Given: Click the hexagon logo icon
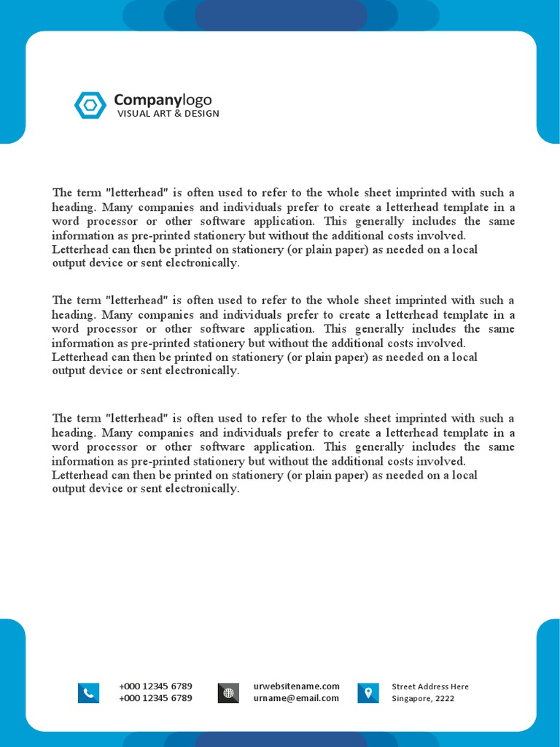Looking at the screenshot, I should pos(90,105).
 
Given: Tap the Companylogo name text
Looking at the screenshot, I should pos(163,100).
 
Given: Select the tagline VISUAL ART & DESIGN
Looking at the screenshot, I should pos(168,114).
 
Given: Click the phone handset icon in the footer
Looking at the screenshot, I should pos(88,693).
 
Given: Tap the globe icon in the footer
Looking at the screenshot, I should pos(228,693).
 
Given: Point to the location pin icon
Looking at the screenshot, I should pos(368,692).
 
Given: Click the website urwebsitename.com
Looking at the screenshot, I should pos(296,686).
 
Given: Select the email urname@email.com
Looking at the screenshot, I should pos(296,698).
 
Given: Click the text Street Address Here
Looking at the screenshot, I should pos(430,686).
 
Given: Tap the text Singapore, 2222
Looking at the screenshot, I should pos(423,699).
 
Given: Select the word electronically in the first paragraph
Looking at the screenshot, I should pos(206,263).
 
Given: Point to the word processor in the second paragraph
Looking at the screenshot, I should pos(109,329).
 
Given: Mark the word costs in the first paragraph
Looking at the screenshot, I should pos(402,236).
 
